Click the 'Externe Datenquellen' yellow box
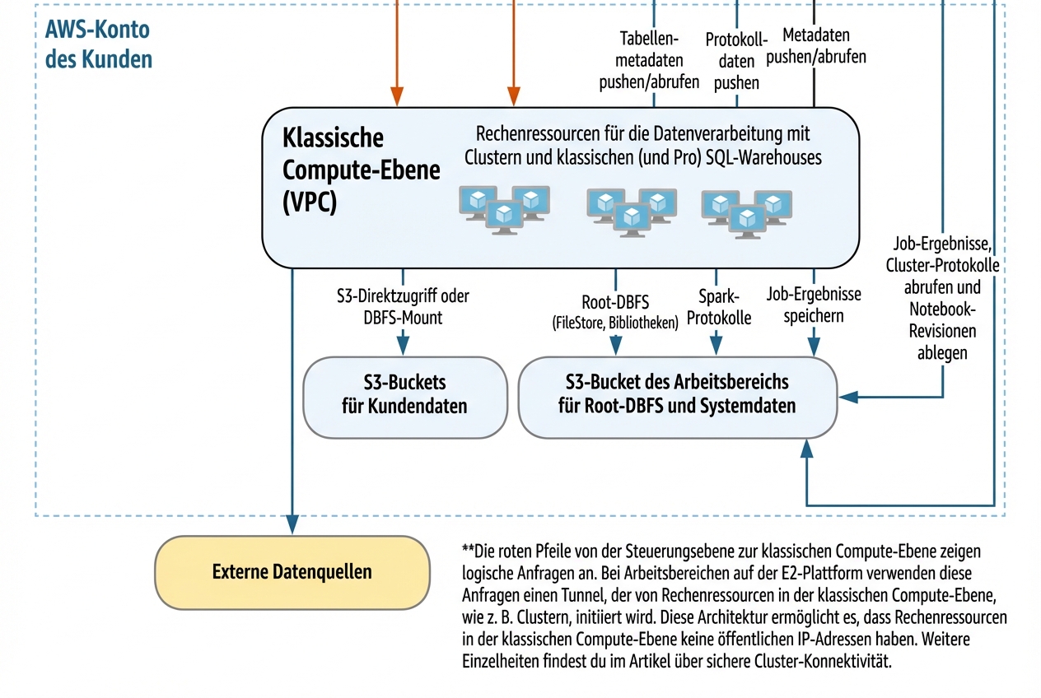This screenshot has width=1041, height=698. pos(292,572)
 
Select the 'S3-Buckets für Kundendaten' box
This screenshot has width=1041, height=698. pos(404,394)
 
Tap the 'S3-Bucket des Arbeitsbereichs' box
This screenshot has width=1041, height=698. pos(677,394)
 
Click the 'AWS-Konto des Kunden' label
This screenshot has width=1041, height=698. pos(98,45)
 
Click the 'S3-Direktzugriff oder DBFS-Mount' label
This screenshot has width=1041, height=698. pos(404,306)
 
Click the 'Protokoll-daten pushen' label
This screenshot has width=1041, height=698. pos(736,60)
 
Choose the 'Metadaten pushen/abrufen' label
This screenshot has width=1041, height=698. pos(815,46)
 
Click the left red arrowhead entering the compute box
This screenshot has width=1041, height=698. pos(397,97)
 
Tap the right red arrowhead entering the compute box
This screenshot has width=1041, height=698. pos(513,97)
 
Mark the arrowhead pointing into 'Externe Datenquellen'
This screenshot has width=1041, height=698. pos(292,523)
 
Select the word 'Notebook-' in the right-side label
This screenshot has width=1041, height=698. pos(942,310)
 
